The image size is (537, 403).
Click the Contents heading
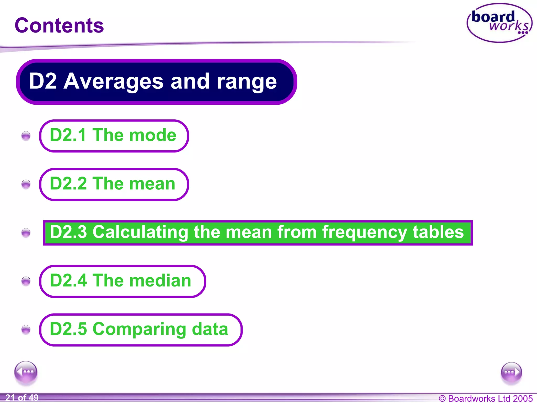[x=59, y=25]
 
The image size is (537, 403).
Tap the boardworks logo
[x=500, y=23]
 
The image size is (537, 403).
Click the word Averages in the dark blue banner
[x=113, y=81]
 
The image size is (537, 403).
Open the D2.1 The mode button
[x=114, y=136]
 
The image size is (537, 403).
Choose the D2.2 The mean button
[x=114, y=184]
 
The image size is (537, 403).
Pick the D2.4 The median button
[x=122, y=281]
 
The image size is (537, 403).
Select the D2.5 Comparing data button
[x=141, y=330]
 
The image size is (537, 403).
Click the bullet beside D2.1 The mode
[x=26, y=136]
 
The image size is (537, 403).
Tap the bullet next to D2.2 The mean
[x=26, y=184]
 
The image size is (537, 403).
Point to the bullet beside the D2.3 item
[x=26, y=232]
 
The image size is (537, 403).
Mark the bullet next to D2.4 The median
[x=26, y=281]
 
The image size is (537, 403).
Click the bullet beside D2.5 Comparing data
[x=26, y=329]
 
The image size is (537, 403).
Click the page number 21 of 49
[x=22, y=398]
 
